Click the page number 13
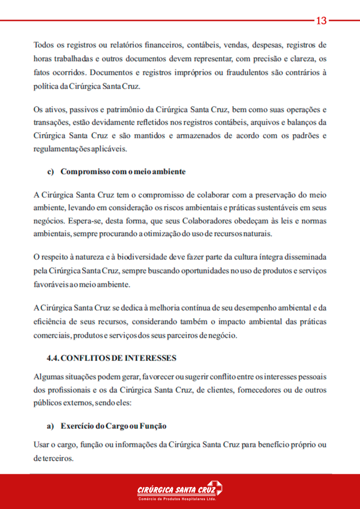[321, 20]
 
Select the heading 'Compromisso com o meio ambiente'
[123, 172]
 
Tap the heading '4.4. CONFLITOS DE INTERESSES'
[111, 358]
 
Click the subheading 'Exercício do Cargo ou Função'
[113, 426]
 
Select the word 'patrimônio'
[127, 109]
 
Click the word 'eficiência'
[52, 322]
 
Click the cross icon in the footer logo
[215, 488]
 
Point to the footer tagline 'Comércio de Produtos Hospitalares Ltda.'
[177, 499]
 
